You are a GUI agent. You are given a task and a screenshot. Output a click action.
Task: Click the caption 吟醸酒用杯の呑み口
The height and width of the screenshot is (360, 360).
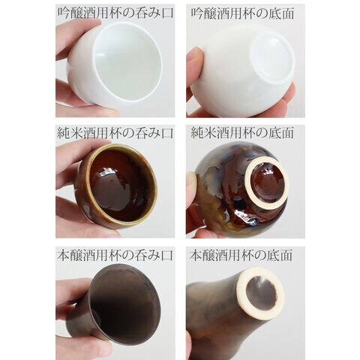pyautogui.click(x=115, y=13)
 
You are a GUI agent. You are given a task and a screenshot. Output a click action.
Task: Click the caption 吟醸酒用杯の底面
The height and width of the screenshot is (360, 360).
pyautogui.click(x=243, y=13)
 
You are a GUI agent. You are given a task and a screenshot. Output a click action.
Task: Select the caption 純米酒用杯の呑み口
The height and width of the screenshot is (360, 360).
pyautogui.click(x=115, y=133)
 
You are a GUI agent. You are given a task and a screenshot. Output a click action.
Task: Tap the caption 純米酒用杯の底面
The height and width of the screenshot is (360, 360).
pyautogui.click(x=242, y=133)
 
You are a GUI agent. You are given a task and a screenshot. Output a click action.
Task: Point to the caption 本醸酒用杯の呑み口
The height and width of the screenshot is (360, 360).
pyautogui.click(x=115, y=256)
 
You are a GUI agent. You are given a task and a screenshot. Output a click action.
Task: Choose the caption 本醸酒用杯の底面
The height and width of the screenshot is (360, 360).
pyautogui.click(x=241, y=256)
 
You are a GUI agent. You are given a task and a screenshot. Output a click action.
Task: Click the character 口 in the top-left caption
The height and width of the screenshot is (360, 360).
pyautogui.click(x=167, y=13)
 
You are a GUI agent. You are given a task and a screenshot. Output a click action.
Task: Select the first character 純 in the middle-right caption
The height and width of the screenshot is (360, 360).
pyautogui.click(x=197, y=133)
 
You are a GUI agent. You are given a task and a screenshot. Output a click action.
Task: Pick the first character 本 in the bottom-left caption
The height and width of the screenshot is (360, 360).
pyautogui.click(x=64, y=256)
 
